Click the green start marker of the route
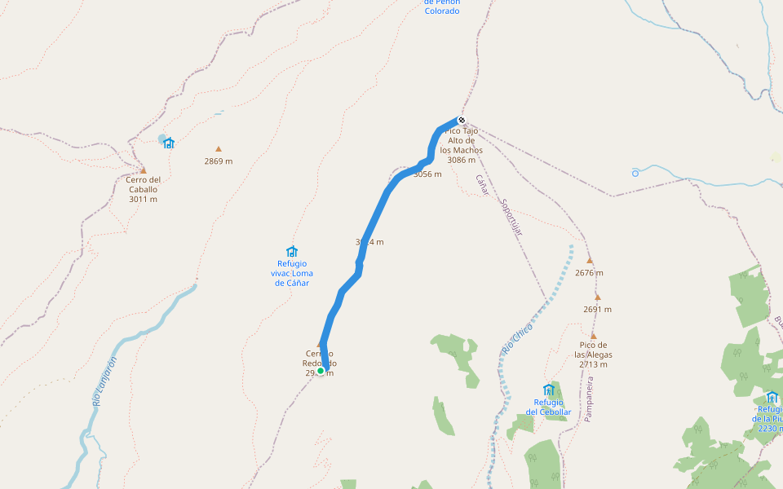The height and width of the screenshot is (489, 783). [x=321, y=371]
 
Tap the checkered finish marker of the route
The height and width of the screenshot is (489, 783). [x=462, y=121]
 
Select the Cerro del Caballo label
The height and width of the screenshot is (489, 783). [x=143, y=189]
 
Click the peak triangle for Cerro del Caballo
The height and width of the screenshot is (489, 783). [x=144, y=170]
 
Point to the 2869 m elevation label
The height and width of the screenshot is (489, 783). [x=219, y=161]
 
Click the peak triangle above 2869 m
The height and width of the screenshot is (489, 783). [x=219, y=149]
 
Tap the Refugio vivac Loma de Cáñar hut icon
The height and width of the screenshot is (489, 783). [x=292, y=251]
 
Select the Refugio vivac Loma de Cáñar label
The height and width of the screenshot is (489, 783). [x=292, y=273]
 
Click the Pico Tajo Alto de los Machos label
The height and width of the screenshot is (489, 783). [x=462, y=145]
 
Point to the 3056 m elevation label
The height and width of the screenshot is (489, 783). [x=427, y=174]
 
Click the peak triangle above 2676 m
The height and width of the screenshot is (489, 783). [x=590, y=261]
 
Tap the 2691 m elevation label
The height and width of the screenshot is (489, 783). [x=597, y=310]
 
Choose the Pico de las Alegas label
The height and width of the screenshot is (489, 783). [x=593, y=355]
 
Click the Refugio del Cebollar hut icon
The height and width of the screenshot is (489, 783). [x=548, y=390]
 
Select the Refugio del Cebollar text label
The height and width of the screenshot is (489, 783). [x=548, y=407]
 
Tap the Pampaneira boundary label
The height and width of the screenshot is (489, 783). [x=588, y=399]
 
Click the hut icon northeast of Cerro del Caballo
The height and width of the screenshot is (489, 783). [x=169, y=143]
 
